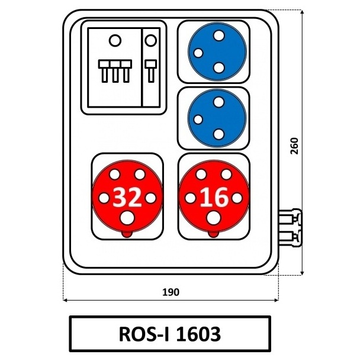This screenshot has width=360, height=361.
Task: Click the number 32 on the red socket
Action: (x=127, y=198)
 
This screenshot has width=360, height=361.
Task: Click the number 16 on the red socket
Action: (x=214, y=198)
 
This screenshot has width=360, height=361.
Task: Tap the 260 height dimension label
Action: (x=294, y=146)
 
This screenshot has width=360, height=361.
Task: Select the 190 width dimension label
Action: (x=171, y=292)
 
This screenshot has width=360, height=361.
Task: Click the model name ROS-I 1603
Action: (x=170, y=334)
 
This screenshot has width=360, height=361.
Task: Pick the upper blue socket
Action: (x=217, y=51)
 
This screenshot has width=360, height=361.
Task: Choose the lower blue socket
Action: (x=217, y=118)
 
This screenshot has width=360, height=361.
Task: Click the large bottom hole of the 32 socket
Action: (x=127, y=218)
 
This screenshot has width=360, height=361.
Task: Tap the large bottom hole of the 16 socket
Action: (x=214, y=218)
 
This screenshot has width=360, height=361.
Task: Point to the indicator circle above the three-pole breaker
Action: (x=115, y=40)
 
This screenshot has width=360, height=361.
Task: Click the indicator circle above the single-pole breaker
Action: (x=150, y=40)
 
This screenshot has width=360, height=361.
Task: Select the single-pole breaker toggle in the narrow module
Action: (x=151, y=71)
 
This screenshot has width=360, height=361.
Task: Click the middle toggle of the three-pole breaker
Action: (x=115, y=71)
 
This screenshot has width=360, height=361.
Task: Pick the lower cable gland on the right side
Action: (x=290, y=238)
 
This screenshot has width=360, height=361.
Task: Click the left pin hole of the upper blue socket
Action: (x=198, y=53)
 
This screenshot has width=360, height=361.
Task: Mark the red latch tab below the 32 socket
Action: (x=127, y=234)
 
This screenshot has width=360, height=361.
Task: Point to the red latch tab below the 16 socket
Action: (x=214, y=234)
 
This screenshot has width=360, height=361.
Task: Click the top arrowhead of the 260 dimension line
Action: (x=303, y=11)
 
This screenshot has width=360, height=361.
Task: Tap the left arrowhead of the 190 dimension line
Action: (x=65, y=300)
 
